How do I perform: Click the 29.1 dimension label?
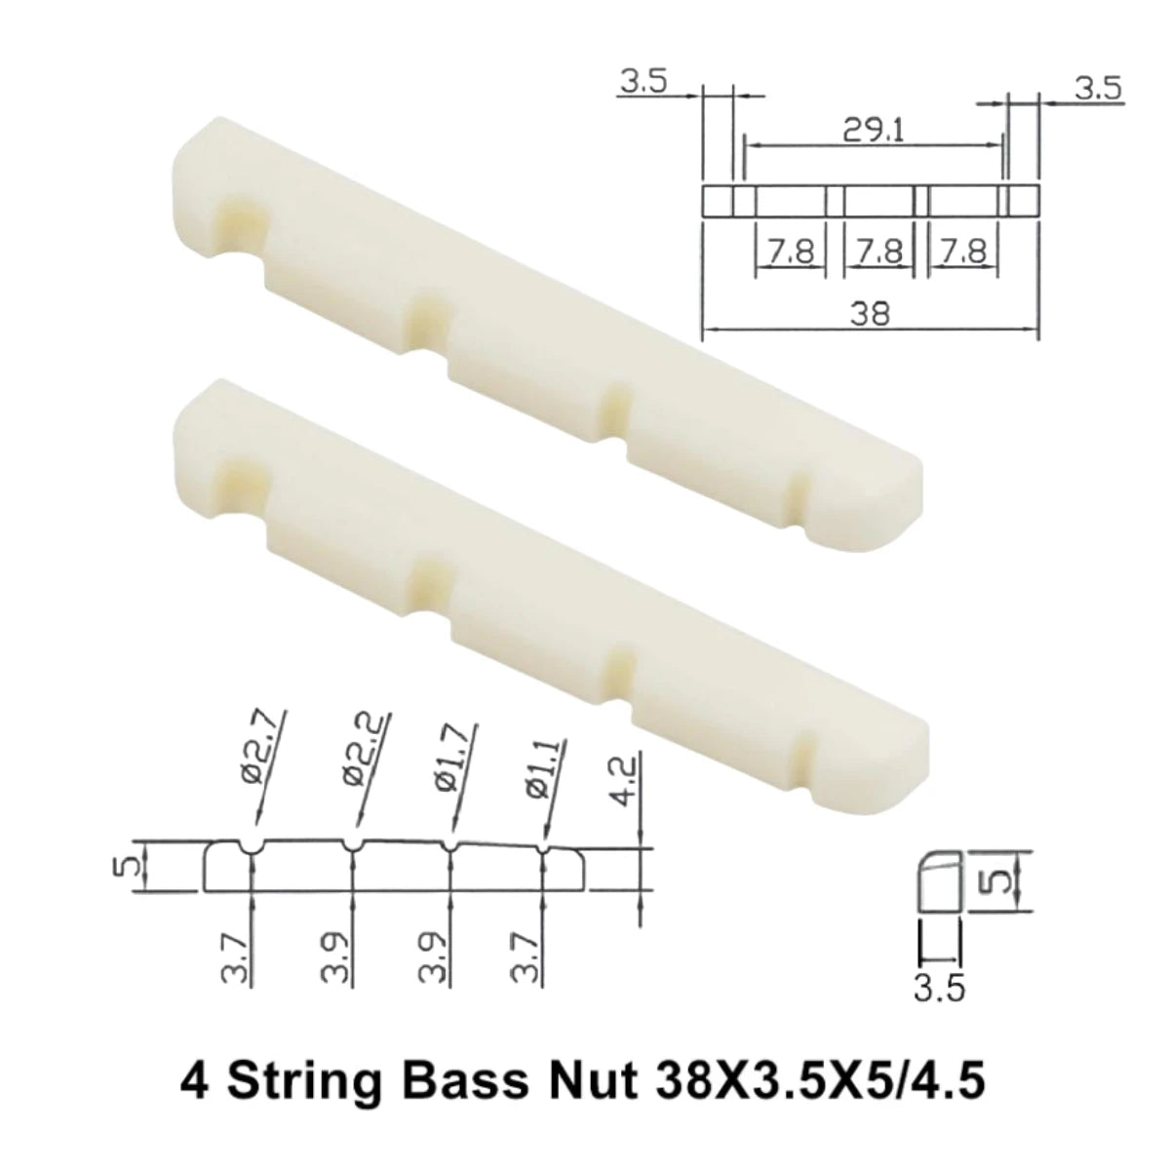click(x=873, y=130)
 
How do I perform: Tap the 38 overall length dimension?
click(x=871, y=314)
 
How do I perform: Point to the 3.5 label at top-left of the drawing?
click(x=641, y=83)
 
